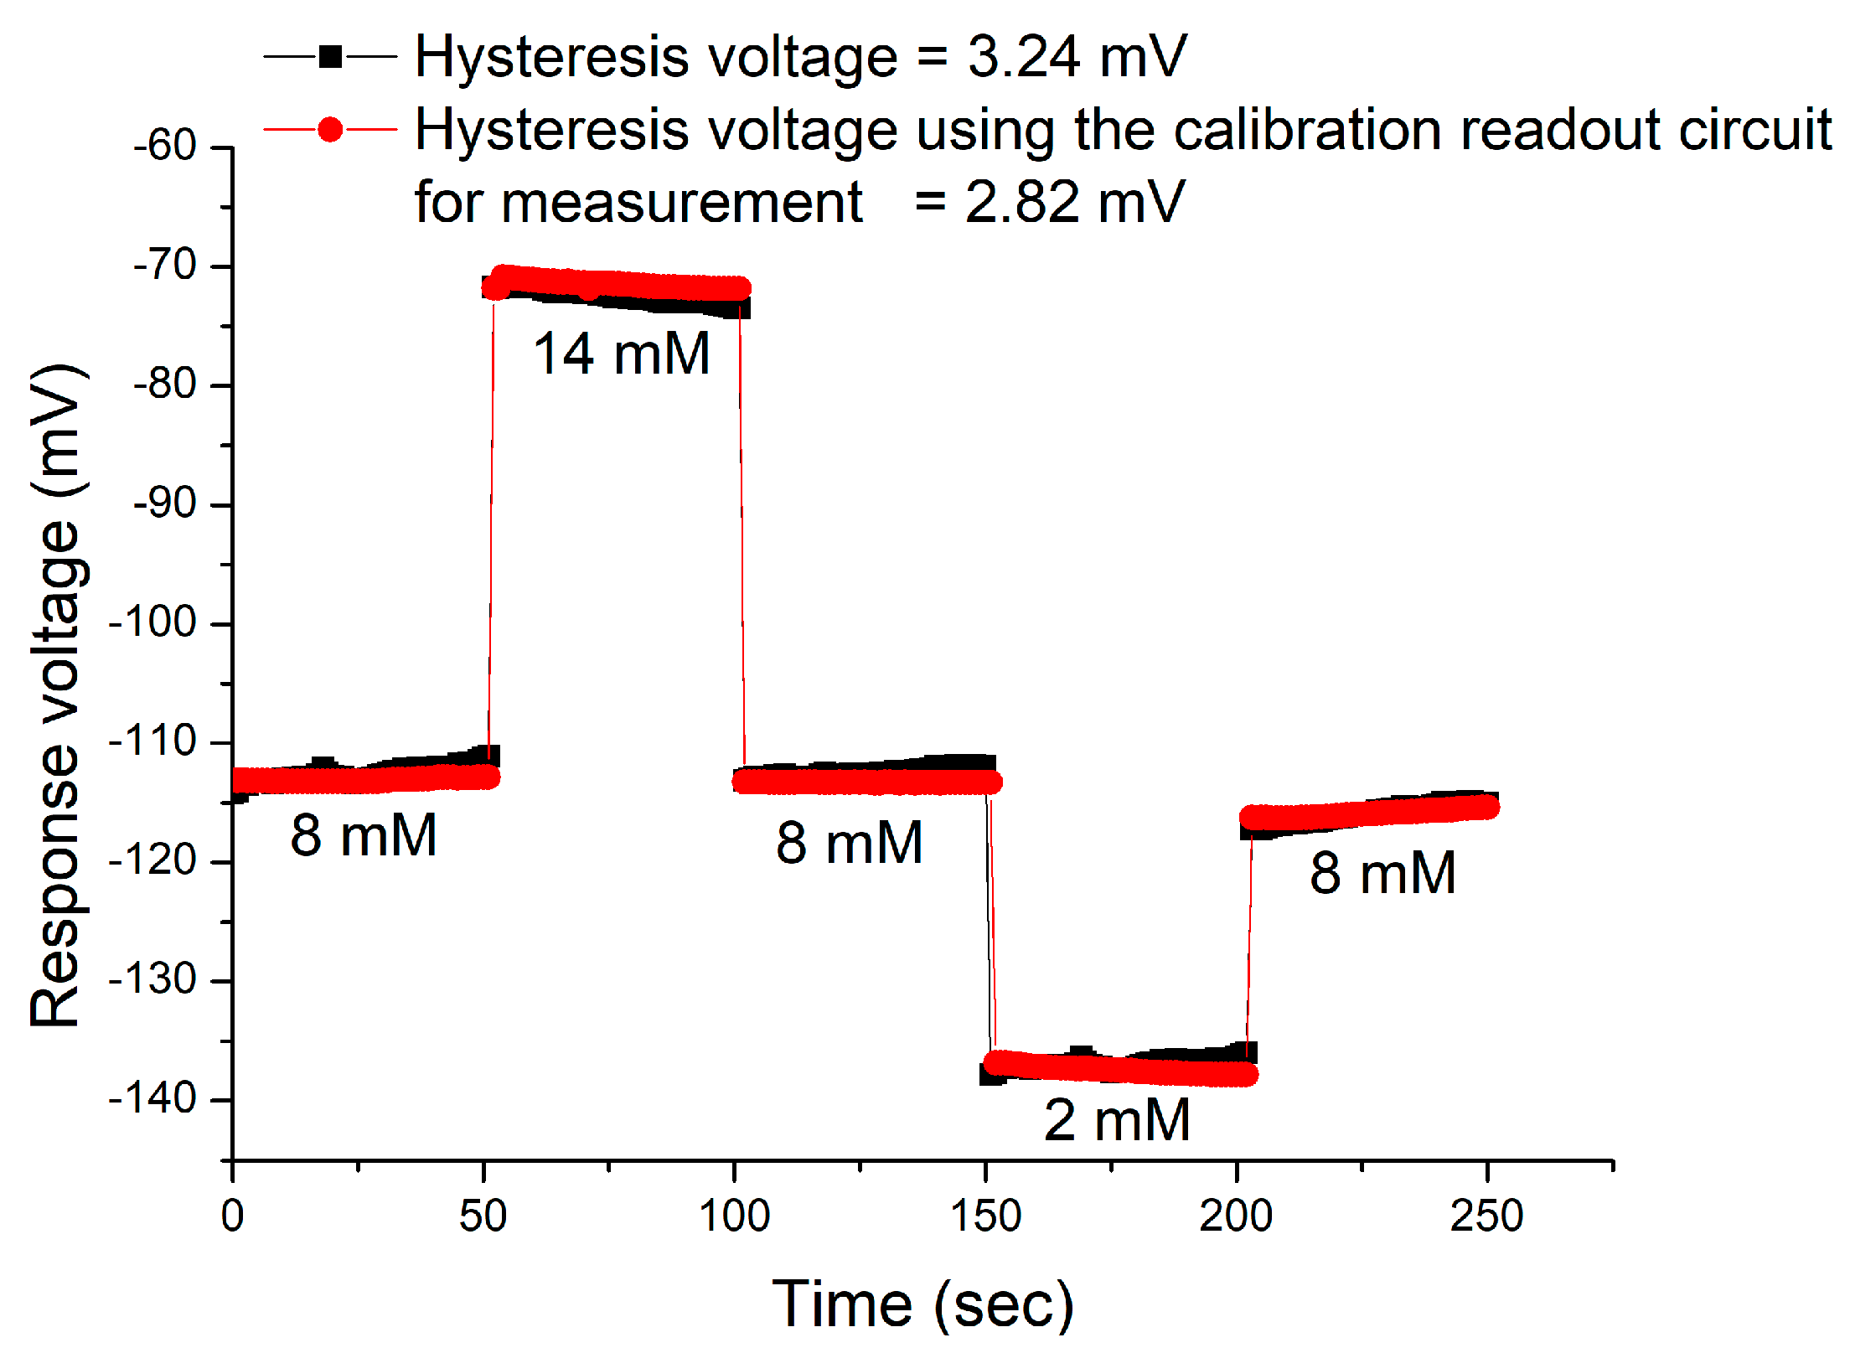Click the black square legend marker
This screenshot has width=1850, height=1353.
point(331,57)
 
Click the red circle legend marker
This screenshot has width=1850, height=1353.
point(331,130)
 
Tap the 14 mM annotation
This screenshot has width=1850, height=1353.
point(622,354)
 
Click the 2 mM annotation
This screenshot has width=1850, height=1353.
point(1116,1120)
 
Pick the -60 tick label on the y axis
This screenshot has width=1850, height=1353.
point(165,146)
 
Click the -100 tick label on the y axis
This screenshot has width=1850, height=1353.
point(152,622)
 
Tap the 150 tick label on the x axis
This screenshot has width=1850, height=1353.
point(985,1216)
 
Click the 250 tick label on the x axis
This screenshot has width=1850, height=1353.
point(1486,1216)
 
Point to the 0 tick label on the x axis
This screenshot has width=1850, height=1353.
point(232,1216)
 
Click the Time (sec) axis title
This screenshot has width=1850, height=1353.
point(922,1304)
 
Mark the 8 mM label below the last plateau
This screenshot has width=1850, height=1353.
point(1382,873)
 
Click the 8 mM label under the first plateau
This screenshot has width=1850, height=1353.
point(364,835)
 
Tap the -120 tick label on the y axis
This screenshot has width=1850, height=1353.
point(152,860)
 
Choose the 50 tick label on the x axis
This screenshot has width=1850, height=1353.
point(483,1216)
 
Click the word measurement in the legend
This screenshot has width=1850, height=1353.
point(681,202)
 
